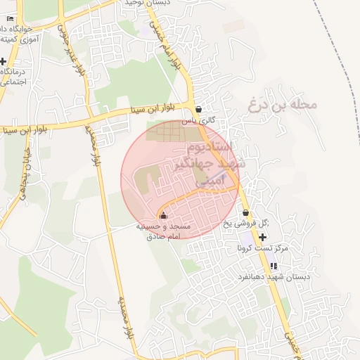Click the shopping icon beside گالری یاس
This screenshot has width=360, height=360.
coord(198,110)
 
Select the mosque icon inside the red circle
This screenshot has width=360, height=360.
coord(164,215)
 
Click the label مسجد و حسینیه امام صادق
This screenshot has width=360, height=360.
coord(163,232)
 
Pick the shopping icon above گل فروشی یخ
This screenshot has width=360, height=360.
coord(245,213)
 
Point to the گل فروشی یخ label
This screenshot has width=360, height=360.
coord(252,224)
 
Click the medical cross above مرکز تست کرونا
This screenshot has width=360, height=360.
coord(262,238)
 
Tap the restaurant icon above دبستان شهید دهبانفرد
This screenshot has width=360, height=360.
coord(274,266)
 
